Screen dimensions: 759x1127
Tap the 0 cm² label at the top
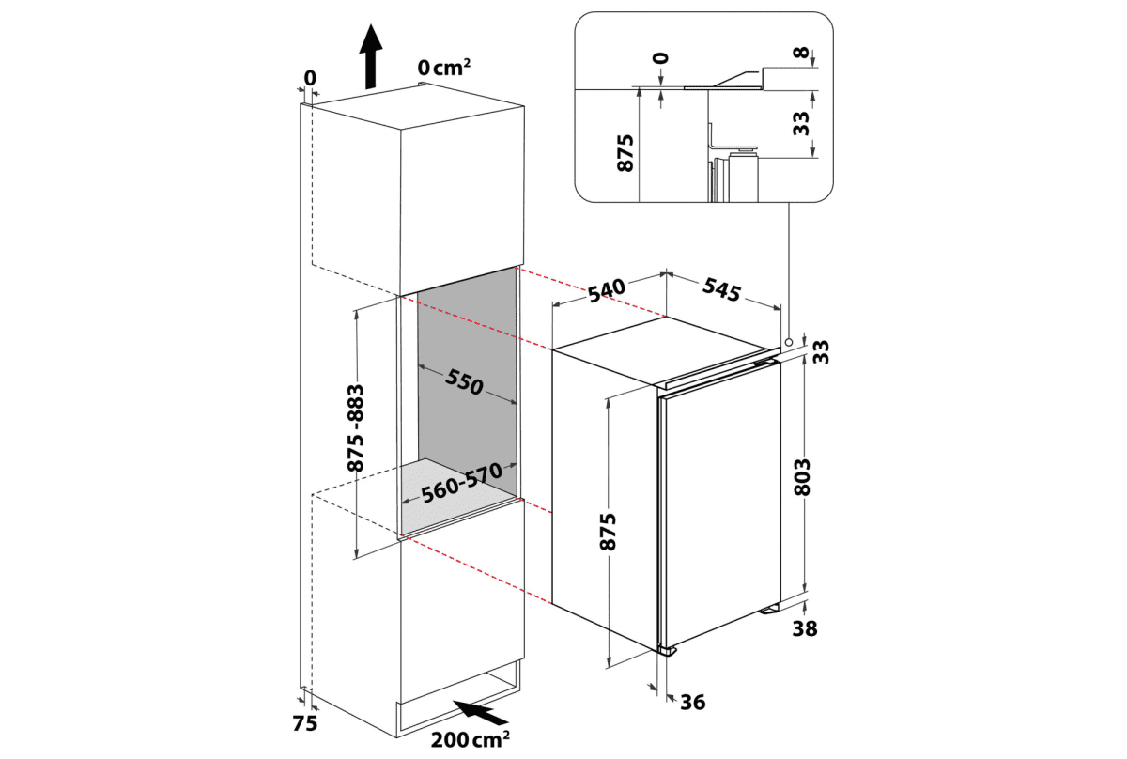pos(443,67)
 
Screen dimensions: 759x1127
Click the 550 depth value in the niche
pos(463,381)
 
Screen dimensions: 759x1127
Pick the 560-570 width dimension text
pos(457,487)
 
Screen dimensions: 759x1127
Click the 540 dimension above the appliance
pos(608,287)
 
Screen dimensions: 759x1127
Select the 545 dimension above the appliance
pos(721,289)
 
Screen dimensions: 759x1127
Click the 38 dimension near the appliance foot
pos(804,628)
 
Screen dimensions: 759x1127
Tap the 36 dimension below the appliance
pos(692,702)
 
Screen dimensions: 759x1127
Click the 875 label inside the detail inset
pos(627,152)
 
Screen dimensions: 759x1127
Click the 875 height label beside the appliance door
pos(609,532)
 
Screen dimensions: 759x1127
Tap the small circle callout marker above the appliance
pos(790,342)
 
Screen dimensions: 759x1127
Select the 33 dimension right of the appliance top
pos(821,350)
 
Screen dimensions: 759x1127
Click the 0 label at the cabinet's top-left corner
pos(311,77)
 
